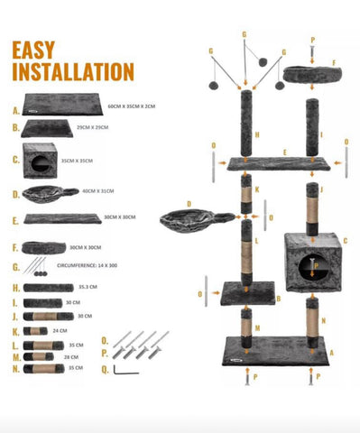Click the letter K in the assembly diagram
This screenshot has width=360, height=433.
(x=257, y=190)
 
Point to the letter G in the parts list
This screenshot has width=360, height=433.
(x=16, y=267)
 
